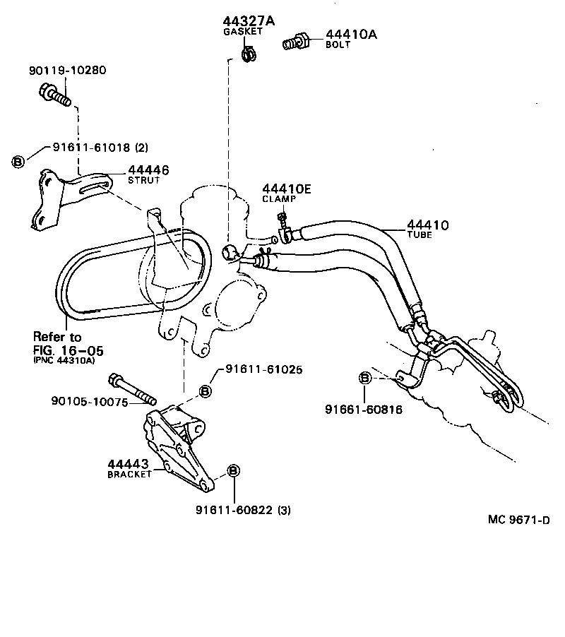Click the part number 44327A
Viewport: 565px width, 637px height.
click(243, 21)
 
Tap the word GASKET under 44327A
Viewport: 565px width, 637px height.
click(243, 32)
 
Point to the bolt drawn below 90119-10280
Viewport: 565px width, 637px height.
click(55, 93)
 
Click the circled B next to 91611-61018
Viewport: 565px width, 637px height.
click(18, 161)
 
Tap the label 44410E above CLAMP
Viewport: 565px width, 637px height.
click(287, 189)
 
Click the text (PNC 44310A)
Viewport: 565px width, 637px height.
click(64, 359)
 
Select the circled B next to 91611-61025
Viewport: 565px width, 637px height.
click(206, 391)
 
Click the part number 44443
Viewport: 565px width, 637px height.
click(127, 464)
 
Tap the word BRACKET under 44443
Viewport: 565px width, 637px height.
click(129, 475)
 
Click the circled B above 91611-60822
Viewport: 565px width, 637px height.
click(234, 471)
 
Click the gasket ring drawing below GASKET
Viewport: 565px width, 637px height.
click(249, 52)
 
